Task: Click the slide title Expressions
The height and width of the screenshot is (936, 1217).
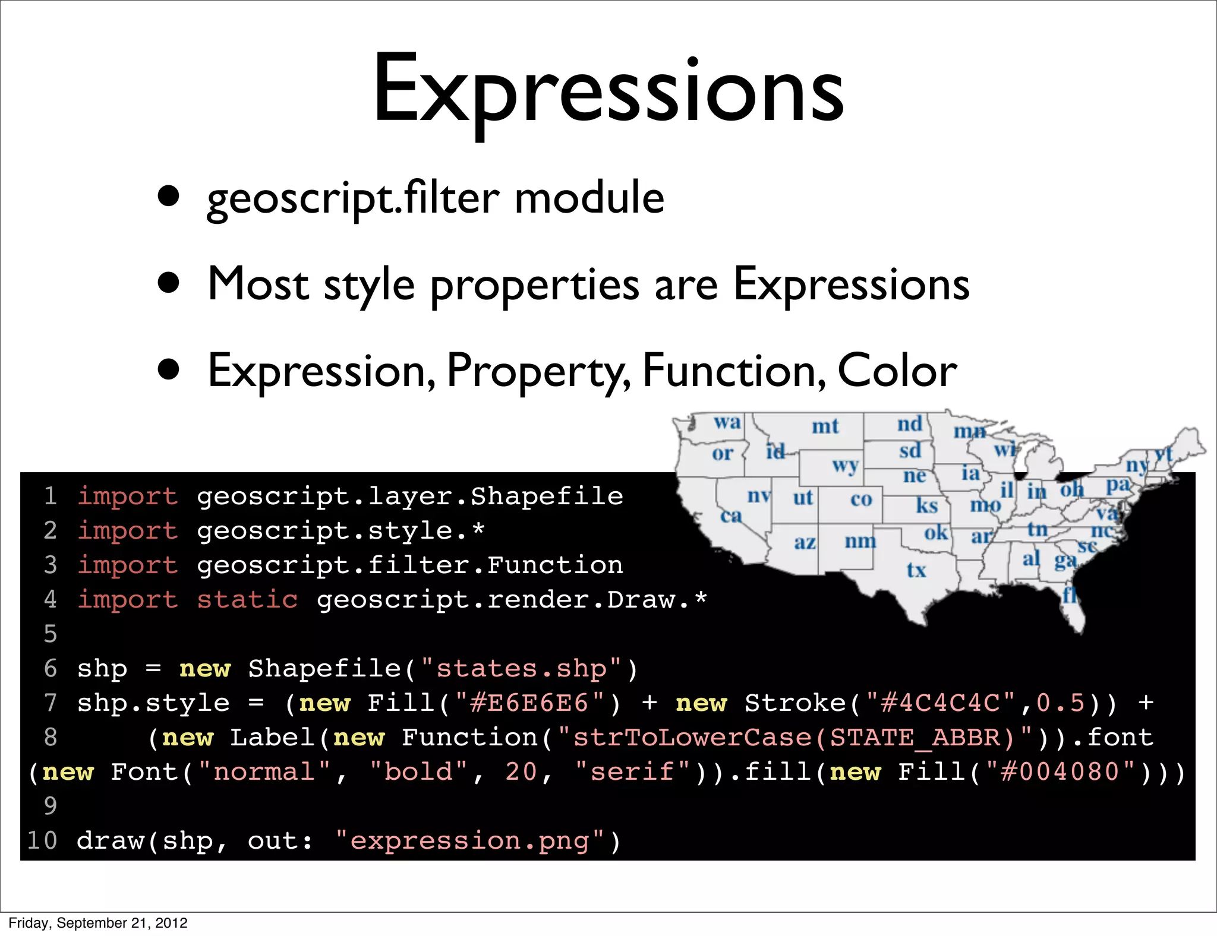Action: (x=608, y=89)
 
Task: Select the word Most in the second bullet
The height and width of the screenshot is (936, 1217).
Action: (x=258, y=284)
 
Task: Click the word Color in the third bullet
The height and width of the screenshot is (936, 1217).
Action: (x=897, y=371)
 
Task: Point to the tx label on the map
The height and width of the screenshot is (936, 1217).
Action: (x=916, y=570)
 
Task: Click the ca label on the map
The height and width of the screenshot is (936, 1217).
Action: (x=731, y=516)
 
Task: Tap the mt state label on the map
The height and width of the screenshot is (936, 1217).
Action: (x=825, y=426)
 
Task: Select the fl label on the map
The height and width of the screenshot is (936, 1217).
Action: (x=1069, y=595)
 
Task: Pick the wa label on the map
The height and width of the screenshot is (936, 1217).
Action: (x=727, y=422)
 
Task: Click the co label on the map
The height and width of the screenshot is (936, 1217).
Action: (x=861, y=499)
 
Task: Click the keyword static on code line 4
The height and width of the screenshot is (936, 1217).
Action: (x=247, y=600)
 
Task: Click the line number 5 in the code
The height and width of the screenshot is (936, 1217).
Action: (x=51, y=634)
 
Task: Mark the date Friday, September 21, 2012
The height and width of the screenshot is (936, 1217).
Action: (x=98, y=923)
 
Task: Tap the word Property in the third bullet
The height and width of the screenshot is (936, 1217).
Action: (x=538, y=371)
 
